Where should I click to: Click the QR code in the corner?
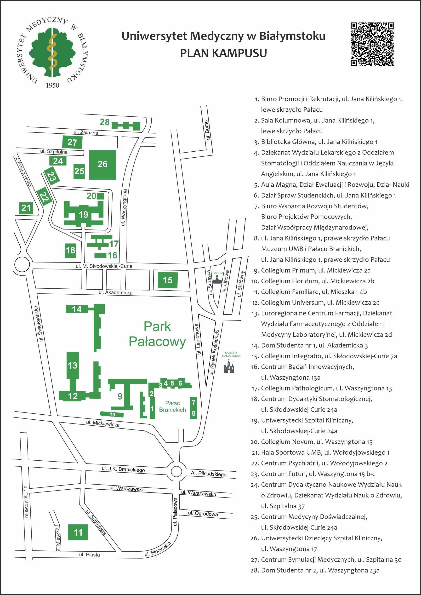click(372, 44)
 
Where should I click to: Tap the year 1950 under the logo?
click(52, 85)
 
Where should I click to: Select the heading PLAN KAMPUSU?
click(223, 53)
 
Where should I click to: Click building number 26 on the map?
click(102, 165)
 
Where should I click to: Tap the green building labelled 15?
click(168, 280)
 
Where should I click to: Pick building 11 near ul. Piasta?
click(78, 532)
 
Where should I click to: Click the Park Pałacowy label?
click(157, 334)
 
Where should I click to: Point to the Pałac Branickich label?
click(172, 406)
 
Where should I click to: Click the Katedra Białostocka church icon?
click(229, 366)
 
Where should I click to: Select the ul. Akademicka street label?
click(116, 292)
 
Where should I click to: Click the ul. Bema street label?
click(207, 130)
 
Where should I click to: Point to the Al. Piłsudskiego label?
click(209, 474)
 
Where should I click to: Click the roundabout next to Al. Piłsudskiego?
click(176, 471)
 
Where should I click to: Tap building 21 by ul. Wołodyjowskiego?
click(26, 208)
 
